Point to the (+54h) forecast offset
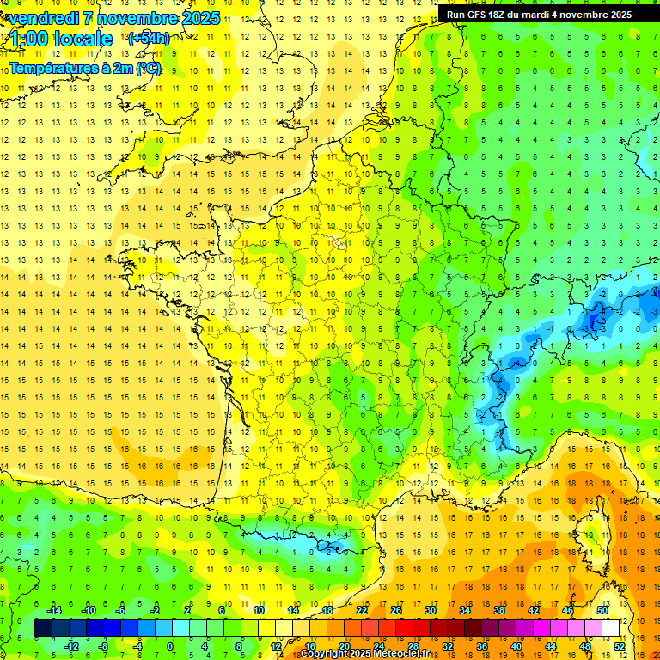click(x=148, y=39)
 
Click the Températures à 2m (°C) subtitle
click(x=84, y=68)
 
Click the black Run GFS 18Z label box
click(x=539, y=15)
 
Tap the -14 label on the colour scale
click(x=52, y=610)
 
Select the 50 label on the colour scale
click(x=602, y=610)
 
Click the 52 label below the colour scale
click(x=619, y=646)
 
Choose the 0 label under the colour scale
click(x=170, y=646)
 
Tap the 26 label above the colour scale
click(x=396, y=610)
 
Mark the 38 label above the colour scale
click(x=499, y=610)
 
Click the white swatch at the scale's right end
click(x=611, y=628)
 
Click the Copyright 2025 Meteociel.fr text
click(x=364, y=654)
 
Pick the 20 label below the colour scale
click(x=344, y=646)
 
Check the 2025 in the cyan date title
click(x=199, y=18)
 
